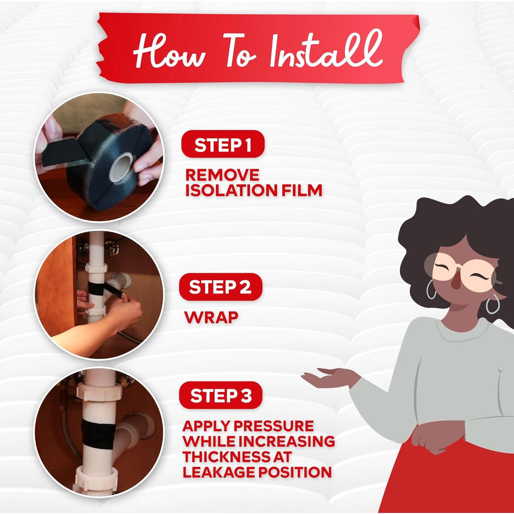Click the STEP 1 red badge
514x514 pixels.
pyautogui.click(x=223, y=144)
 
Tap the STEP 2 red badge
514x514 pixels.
pyautogui.click(x=220, y=287)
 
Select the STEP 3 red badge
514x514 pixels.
pyautogui.click(x=220, y=395)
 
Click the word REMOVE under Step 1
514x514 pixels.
pyautogui.click(x=222, y=175)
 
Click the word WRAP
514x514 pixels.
pyautogui.click(x=211, y=317)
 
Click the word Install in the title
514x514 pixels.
pyautogui.click(x=325, y=51)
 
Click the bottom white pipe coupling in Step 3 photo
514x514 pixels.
pyautogui.click(x=95, y=475)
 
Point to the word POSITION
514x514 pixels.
pyautogui.click(x=295, y=472)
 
